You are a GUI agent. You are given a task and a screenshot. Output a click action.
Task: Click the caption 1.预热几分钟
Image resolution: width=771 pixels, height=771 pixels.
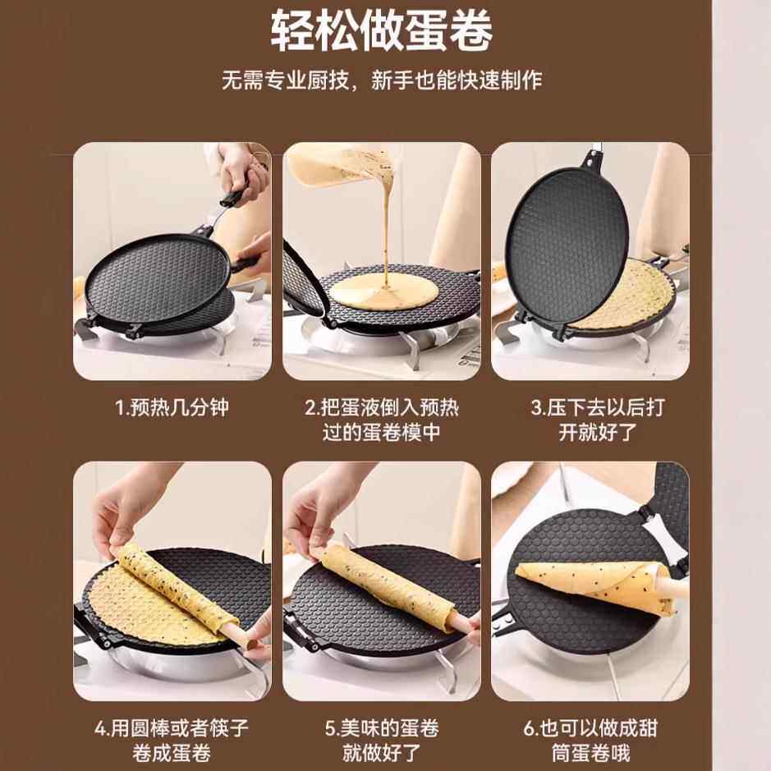172,408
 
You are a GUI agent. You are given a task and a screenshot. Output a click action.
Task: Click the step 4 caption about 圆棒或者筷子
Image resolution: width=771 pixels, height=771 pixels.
172,739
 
